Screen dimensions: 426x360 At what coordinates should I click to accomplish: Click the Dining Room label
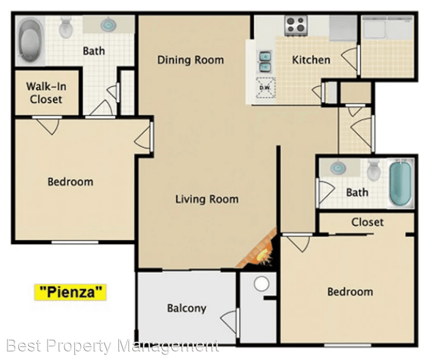tap(191, 60)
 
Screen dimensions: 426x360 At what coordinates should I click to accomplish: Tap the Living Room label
tap(207, 199)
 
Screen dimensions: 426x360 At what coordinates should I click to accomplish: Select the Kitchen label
tap(311, 60)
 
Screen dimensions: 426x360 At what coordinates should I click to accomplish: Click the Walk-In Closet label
tap(46, 93)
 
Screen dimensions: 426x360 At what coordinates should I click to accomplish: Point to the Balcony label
tap(187, 308)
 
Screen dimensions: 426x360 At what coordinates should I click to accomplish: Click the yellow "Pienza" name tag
tap(70, 292)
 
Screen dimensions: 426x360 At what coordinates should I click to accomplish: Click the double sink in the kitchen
tap(265, 62)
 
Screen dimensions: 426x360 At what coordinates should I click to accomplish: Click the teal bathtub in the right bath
tap(400, 183)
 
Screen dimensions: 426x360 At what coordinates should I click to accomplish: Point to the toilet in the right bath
tap(374, 170)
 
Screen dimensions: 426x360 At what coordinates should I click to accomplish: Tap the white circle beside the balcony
tap(261, 284)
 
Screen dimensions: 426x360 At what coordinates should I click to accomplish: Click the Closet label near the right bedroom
tap(367, 222)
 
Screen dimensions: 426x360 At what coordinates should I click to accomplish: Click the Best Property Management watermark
tap(113, 346)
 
